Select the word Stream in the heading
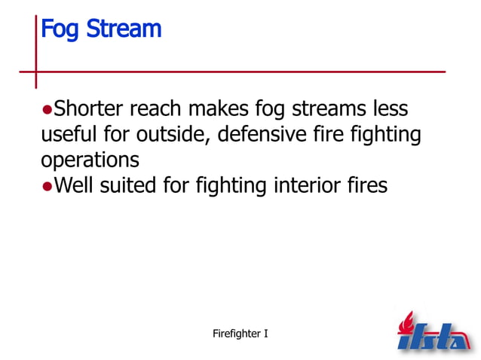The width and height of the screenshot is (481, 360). click(123, 29)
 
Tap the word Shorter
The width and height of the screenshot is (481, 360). click(90, 109)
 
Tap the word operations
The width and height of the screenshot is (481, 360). click(90, 160)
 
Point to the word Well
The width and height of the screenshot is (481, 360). click(76, 185)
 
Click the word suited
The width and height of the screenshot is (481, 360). click(130, 185)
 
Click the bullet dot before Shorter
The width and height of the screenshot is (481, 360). click(47, 110)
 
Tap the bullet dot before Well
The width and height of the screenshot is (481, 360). click(47, 186)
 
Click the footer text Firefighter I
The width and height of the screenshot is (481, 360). click(240, 331)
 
